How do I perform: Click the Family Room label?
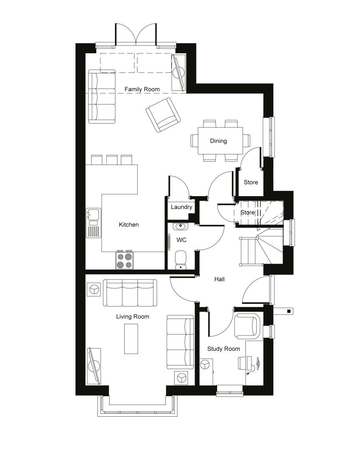click(x=142, y=89)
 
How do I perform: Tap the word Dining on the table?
click(x=218, y=141)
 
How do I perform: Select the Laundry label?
click(x=181, y=207)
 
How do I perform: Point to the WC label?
click(x=181, y=240)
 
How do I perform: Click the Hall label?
click(x=219, y=279)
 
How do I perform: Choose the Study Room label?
click(x=223, y=349)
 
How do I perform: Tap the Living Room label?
click(x=132, y=317)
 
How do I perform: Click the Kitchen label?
click(x=129, y=225)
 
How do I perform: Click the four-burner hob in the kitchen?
click(x=125, y=260)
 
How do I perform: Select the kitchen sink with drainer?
click(x=93, y=222)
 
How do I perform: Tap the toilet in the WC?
click(x=180, y=260)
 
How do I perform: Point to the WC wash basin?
click(x=180, y=226)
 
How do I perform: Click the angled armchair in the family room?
click(x=163, y=115)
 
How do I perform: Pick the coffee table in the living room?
click(x=131, y=339)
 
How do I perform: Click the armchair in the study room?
click(x=247, y=326)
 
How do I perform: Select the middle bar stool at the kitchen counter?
click(x=112, y=160)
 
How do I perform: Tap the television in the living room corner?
click(x=94, y=366)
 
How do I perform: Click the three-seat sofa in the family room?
click(x=102, y=96)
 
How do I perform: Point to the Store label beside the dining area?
click(x=250, y=182)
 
